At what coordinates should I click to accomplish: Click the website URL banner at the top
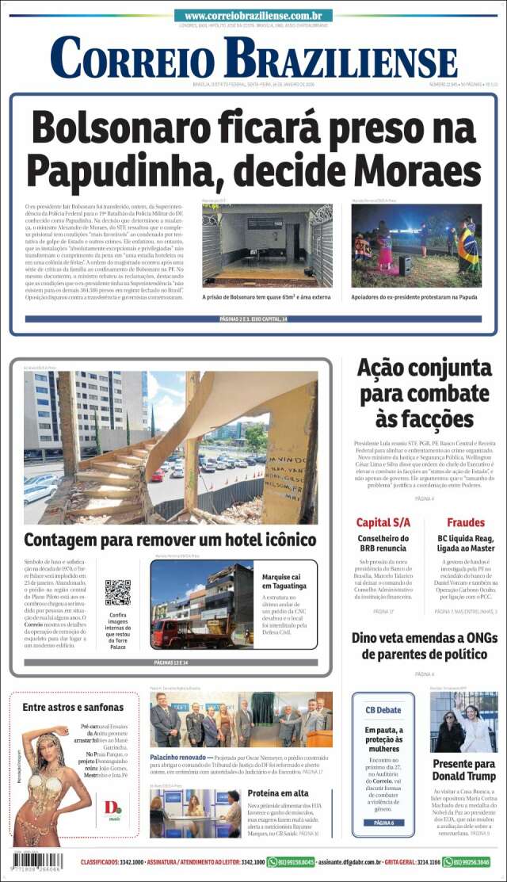coord(253,15)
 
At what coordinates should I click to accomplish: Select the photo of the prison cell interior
coord(267,246)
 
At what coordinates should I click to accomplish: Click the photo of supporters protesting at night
coord(416,246)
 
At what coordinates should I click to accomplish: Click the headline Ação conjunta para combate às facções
coord(425,392)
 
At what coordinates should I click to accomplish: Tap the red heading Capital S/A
coord(383,522)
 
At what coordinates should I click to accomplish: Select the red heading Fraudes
coord(466,522)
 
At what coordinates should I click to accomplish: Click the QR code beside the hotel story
coord(118,592)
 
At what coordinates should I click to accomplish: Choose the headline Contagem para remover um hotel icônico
coord(170,540)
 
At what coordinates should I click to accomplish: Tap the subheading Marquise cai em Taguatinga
coord(286,582)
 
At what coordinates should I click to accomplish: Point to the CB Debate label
coord(383,710)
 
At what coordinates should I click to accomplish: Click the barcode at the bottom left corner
coord(37,861)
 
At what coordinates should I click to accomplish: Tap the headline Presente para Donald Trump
coord(464,769)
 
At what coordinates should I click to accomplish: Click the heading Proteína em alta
coord(277,793)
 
